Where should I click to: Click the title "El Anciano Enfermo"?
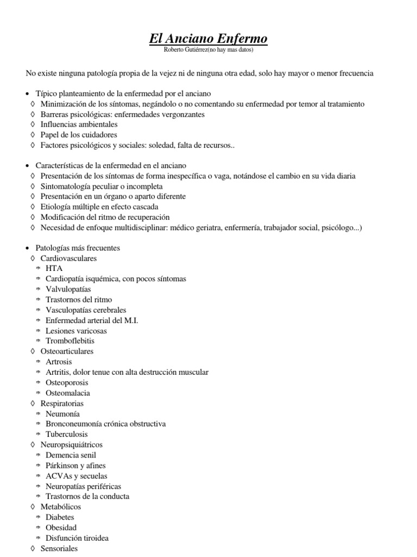(208, 39)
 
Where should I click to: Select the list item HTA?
(54, 269)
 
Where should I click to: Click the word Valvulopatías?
(68, 289)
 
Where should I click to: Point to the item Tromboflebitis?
(70, 341)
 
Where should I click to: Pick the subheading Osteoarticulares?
(67, 351)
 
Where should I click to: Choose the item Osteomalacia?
(68, 393)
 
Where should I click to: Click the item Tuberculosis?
(67, 434)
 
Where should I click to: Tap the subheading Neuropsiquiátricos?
(72, 444)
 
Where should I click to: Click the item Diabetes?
(60, 517)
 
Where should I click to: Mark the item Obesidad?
(61, 528)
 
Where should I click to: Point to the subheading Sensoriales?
(59, 548)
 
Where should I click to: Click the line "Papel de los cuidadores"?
(79, 134)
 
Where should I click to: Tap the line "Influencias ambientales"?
(79, 124)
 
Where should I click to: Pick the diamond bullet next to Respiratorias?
(33, 404)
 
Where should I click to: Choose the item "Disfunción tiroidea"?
(77, 538)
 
